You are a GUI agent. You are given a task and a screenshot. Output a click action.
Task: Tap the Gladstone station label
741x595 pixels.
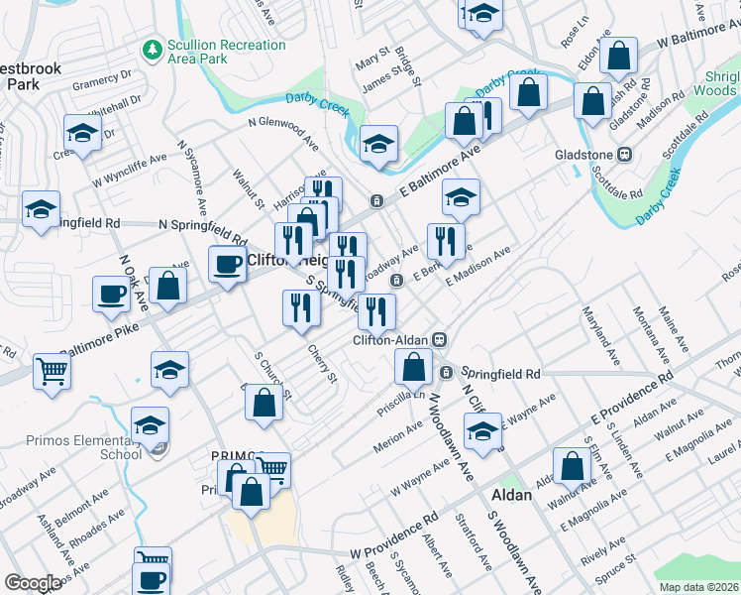click(586, 154)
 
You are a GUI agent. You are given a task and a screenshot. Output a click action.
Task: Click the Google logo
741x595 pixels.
click(33, 583)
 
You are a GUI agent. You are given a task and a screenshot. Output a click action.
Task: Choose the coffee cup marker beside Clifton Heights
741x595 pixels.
click(227, 265)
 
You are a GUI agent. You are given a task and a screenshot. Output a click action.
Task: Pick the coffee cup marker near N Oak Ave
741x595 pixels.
click(110, 293)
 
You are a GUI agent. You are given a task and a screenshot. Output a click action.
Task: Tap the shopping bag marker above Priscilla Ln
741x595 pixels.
click(413, 366)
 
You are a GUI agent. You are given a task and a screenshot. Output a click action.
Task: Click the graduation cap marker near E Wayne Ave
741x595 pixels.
click(482, 431)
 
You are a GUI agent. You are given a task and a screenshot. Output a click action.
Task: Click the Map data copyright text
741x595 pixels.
click(699, 587)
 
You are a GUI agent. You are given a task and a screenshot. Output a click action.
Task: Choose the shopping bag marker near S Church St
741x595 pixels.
click(263, 404)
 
